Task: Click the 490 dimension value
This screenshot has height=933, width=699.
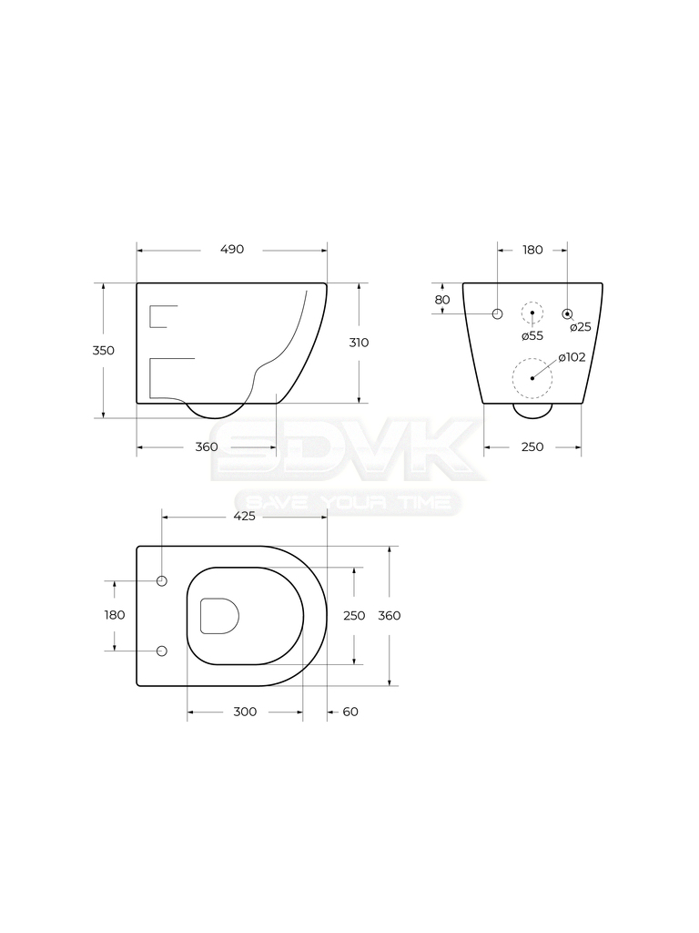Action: [x=232, y=250]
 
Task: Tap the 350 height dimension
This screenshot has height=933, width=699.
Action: [x=104, y=351]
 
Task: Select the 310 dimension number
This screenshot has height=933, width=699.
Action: [x=359, y=343]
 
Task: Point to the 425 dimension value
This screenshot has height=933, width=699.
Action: [x=244, y=516]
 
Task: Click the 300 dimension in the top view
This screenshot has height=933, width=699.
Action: [x=245, y=712]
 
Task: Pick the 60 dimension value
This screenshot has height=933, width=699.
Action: [x=350, y=712]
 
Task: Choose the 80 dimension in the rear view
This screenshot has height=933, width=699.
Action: [x=442, y=300]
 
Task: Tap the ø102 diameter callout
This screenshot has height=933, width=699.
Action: [x=572, y=357]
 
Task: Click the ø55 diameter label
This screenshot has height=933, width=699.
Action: [x=532, y=336]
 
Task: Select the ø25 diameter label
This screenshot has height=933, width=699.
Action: [x=581, y=327]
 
